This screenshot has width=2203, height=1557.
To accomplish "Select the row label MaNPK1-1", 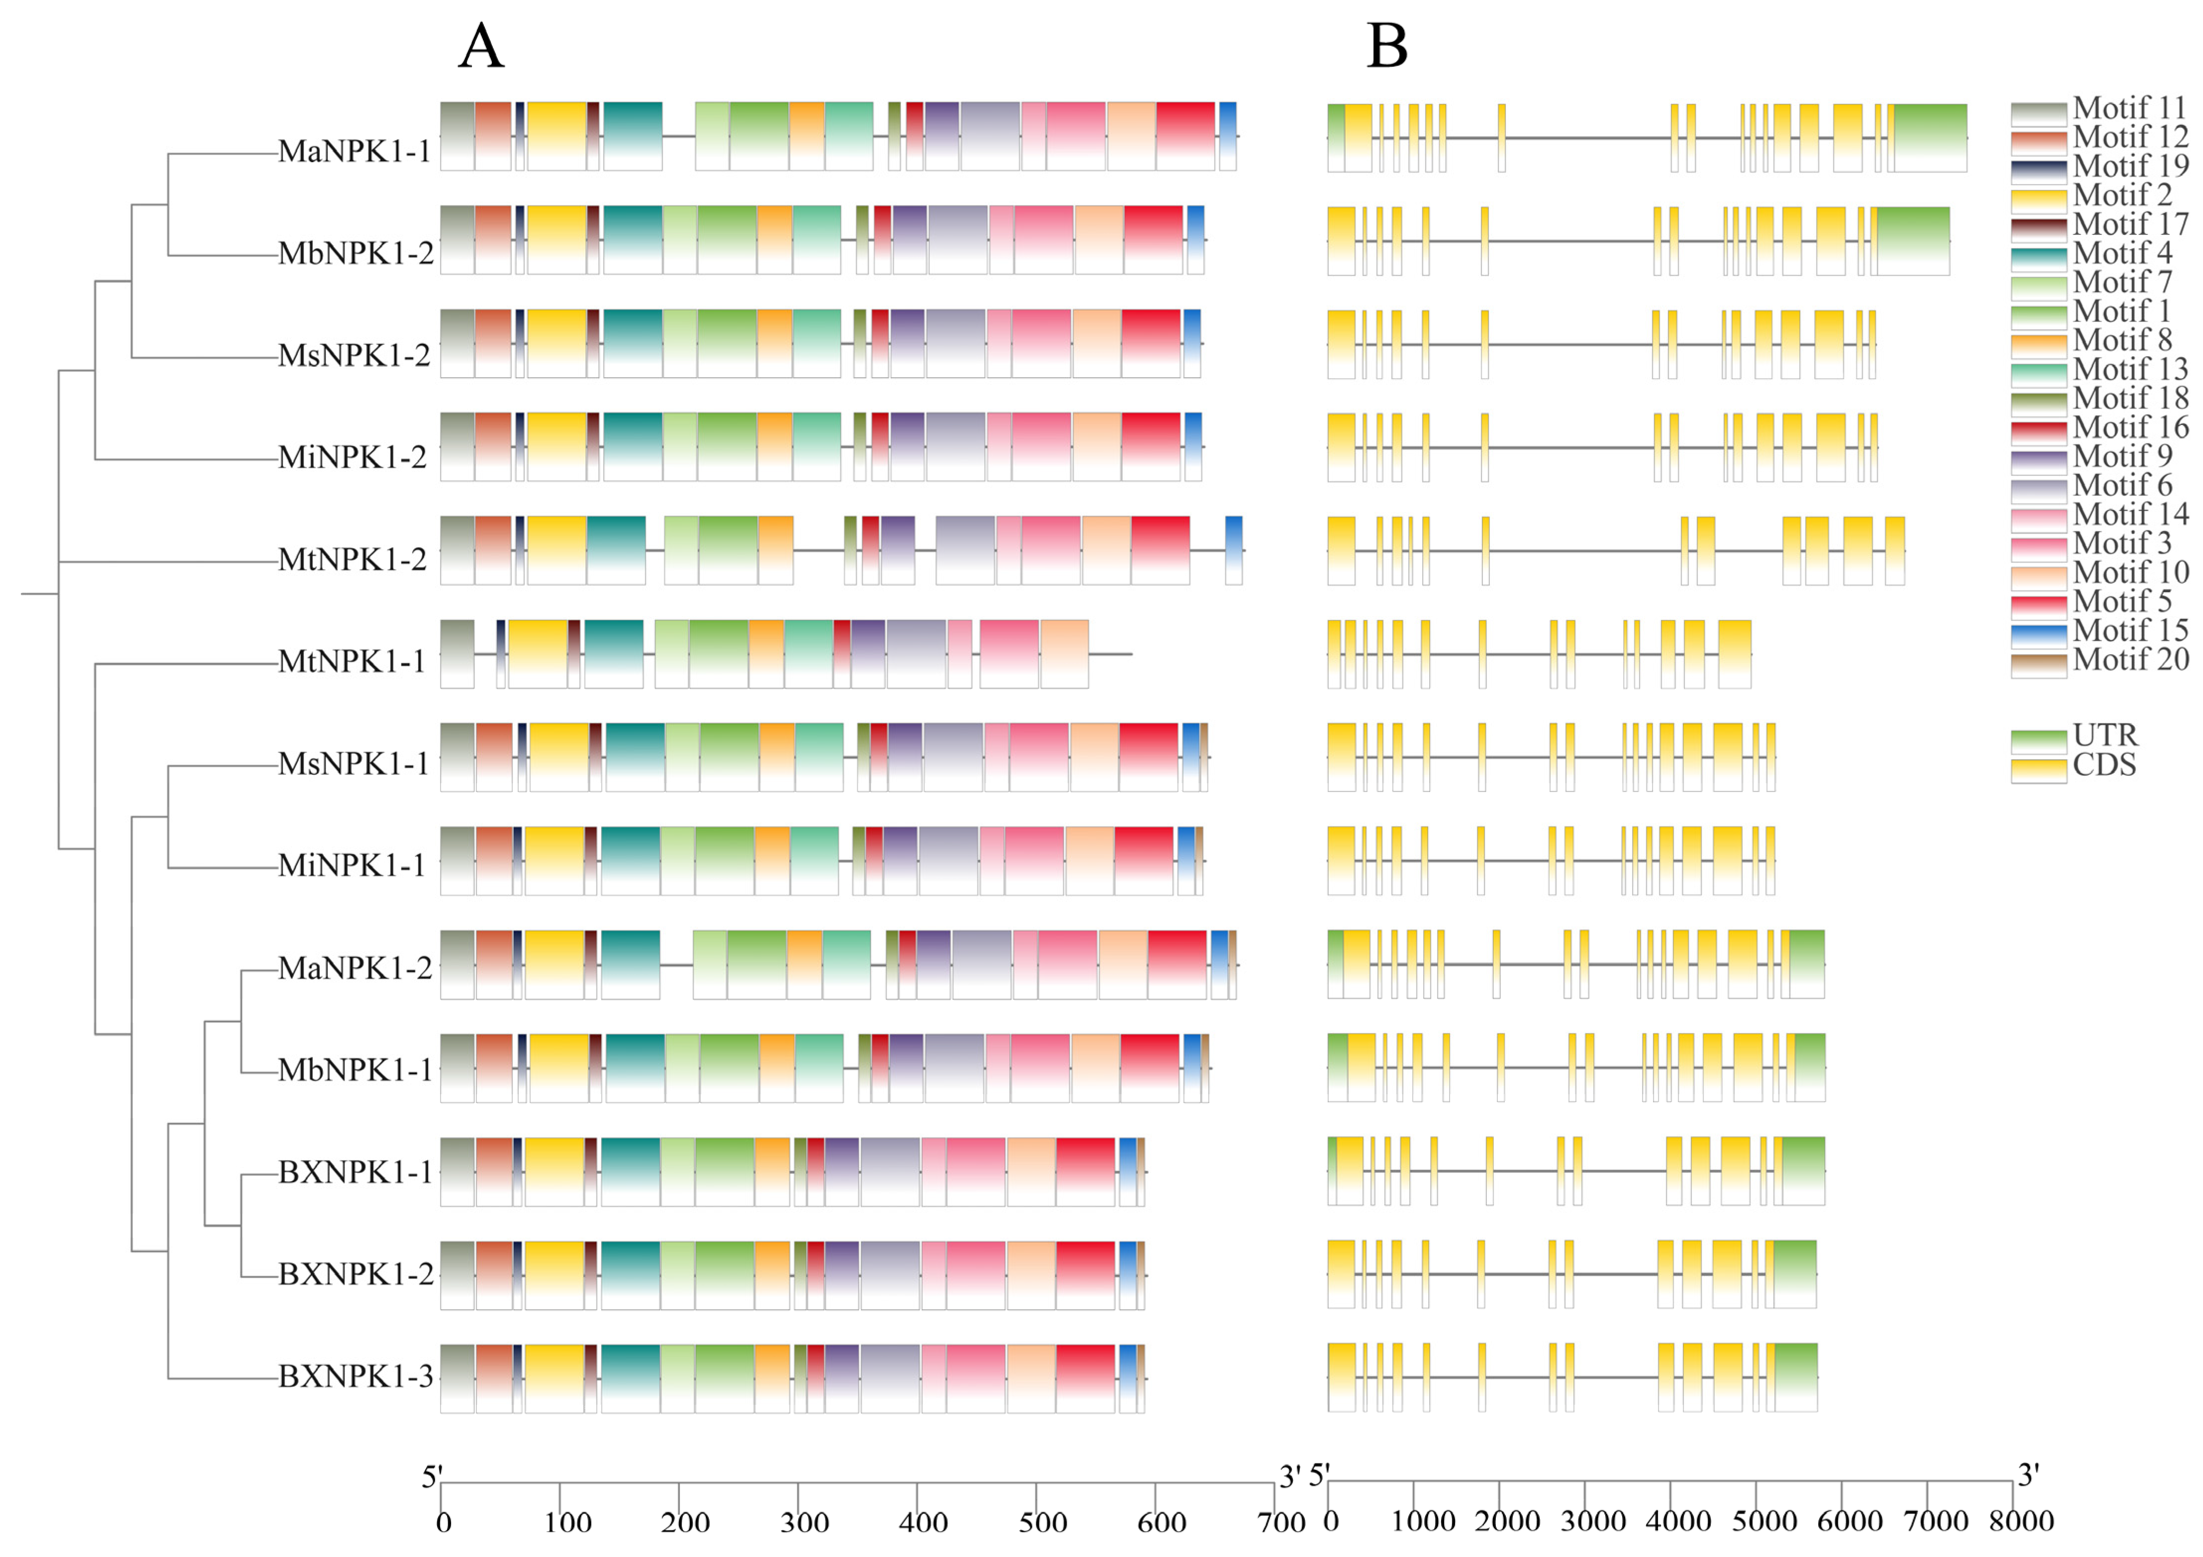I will (x=354, y=152).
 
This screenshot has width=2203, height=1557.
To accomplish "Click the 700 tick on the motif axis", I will (x=1281, y=1523).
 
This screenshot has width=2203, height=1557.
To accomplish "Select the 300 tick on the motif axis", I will (x=804, y=1523).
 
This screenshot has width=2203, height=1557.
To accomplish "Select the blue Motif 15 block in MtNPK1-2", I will (x=1234, y=550).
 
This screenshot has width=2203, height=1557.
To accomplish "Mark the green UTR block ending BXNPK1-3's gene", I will (x=1795, y=1377).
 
